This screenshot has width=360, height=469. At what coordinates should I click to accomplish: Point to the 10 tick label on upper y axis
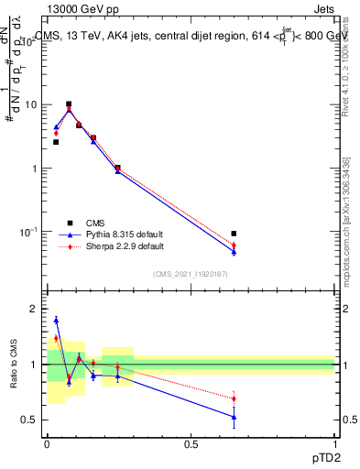tap(29, 105)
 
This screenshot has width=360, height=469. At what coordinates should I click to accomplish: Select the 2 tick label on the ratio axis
tap(35, 310)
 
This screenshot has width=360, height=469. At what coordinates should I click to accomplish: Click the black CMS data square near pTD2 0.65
tap(235, 234)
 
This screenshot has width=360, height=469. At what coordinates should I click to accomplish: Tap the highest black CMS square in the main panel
tap(69, 104)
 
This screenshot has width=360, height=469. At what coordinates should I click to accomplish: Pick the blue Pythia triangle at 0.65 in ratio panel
tap(235, 417)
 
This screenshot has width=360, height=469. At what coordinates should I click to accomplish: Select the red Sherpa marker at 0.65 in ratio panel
tap(235, 398)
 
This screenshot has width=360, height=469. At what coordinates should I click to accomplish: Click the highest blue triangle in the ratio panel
tap(56, 320)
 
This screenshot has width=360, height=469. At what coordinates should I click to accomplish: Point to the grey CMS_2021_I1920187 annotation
tap(190, 275)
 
